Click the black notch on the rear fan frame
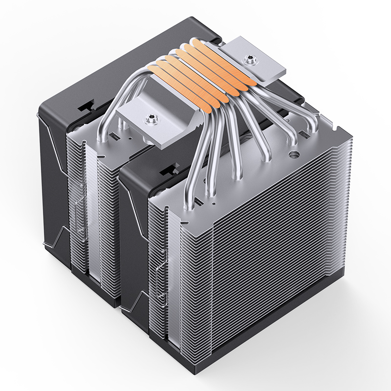[88, 104]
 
